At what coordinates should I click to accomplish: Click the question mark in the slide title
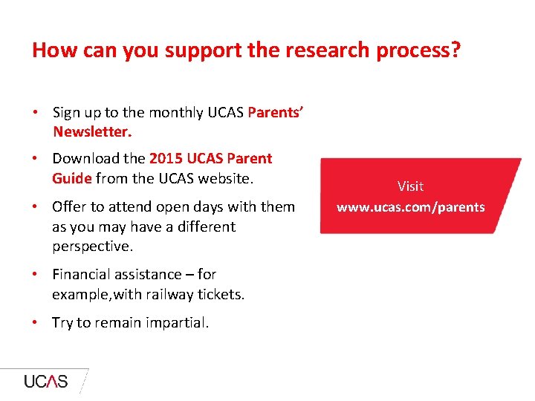(x=455, y=50)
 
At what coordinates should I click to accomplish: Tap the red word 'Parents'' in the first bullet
(x=275, y=113)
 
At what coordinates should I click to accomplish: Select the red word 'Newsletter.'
(x=92, y=132)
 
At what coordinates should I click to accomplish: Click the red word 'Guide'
(x=72, y=179)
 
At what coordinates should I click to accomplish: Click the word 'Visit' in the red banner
(x=410, y=186)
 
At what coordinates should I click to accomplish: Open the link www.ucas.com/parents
(x=410, y=207)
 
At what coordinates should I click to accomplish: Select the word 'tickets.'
(x=221, y=295)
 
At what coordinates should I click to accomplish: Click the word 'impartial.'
(x=175, y=323)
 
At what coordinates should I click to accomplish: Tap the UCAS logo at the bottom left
(x=46, y=382)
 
